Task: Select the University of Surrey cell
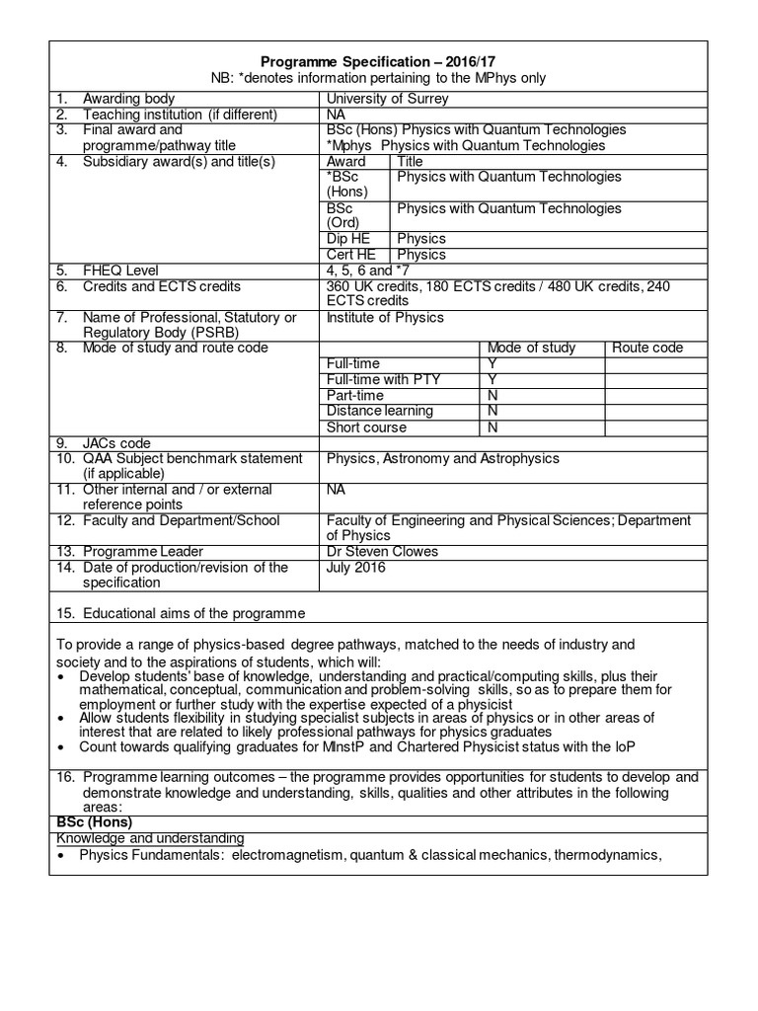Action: point(387,98)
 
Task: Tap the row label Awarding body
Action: point(128,98)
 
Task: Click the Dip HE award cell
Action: point(346,238)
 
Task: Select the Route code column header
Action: point(646,348)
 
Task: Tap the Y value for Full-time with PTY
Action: point(493,379)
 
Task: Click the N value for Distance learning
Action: point(493,411)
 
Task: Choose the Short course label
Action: point(366,428)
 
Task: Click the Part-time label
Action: point(355,395)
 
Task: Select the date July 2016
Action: point(356,568)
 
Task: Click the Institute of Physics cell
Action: point(385,317)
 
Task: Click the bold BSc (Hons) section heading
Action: point(96,823)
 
